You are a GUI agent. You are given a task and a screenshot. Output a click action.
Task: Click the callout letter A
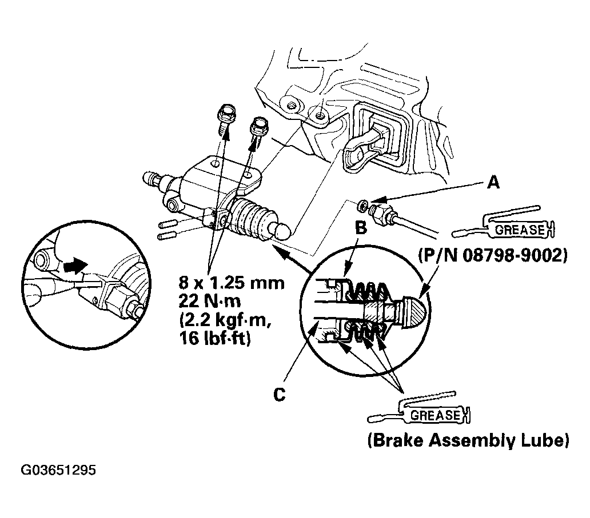click(x=493, y=183)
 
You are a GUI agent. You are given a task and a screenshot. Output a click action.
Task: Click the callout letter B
click(x=361, y=227)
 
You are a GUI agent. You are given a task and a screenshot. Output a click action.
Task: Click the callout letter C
click(x=279, y=394)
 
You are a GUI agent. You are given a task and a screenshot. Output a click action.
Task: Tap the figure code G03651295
click(x=58, y=470)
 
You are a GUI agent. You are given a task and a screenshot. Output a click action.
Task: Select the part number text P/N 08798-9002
click(x=493, y=256)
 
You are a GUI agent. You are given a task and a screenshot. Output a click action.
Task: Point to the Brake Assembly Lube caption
click(x=468, y=440)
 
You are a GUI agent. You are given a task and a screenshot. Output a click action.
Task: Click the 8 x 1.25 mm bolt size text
click(x=232, y=283)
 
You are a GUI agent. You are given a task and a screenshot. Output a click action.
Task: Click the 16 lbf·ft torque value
click(x=214, y=338)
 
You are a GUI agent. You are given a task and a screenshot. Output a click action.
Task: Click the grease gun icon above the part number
click(x=503, y=223)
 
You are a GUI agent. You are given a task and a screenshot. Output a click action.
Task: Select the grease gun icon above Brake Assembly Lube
click(x=418, y=408)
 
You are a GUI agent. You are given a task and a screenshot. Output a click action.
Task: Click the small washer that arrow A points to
click(x=363, y=205)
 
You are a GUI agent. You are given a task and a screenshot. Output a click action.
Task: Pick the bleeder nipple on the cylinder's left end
click(x=154, y=180)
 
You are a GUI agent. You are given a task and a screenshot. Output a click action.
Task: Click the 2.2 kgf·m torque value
click(x=225, y=320)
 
